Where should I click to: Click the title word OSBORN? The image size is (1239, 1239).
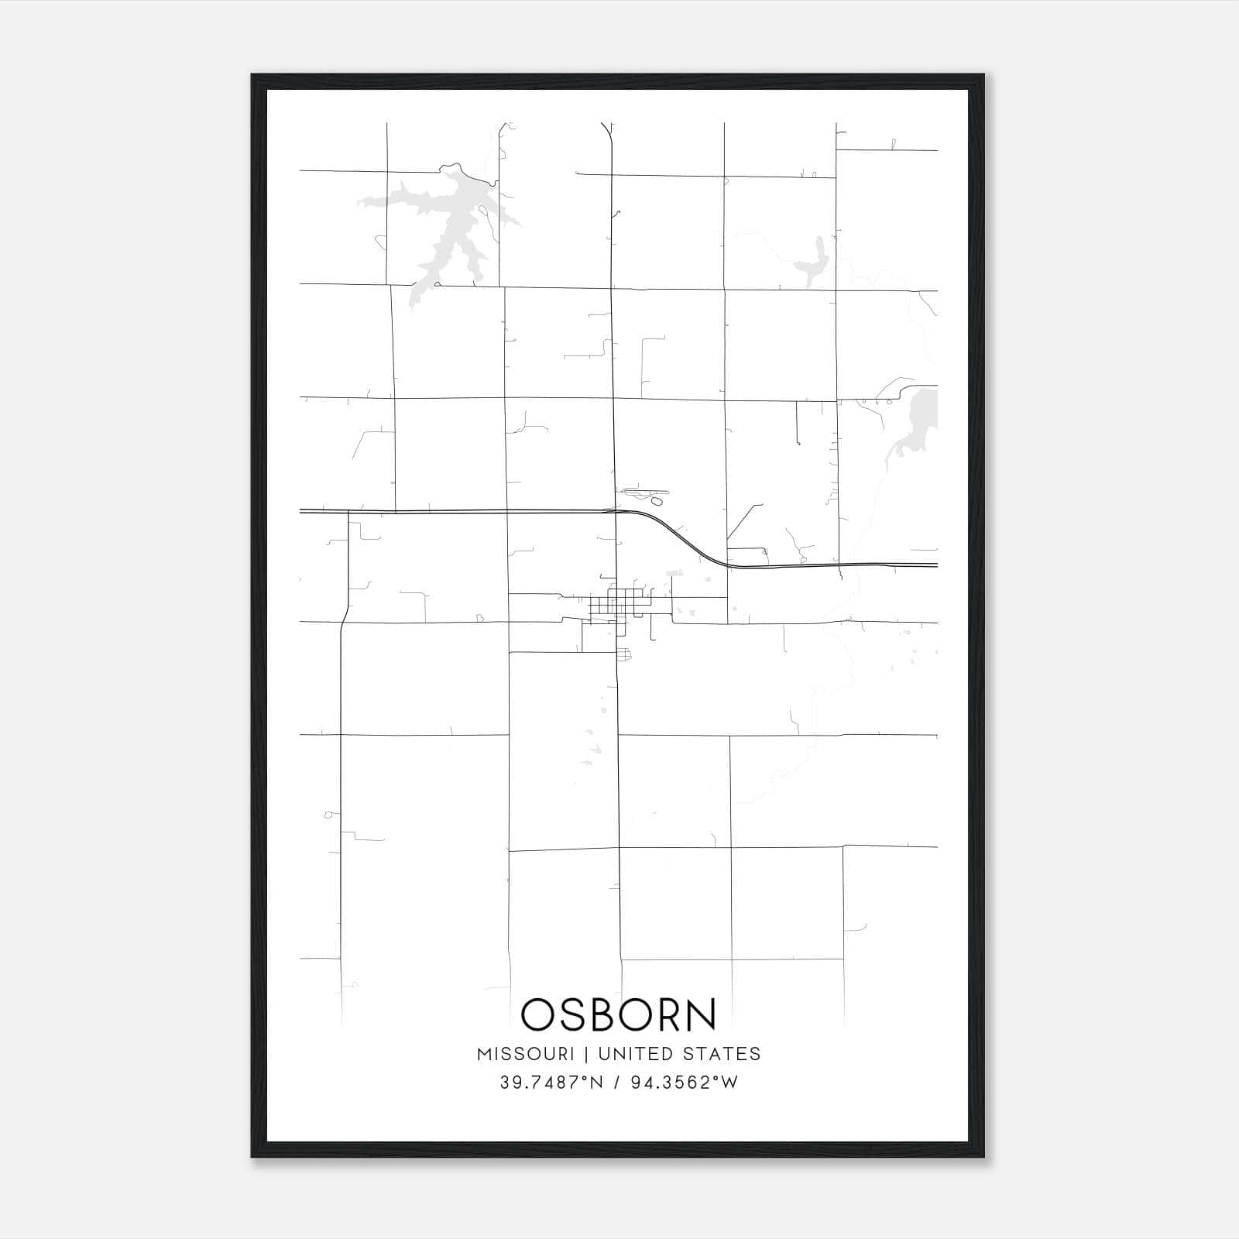pos(619,1014)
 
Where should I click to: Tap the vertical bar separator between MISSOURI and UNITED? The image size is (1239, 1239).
pos(585,1054)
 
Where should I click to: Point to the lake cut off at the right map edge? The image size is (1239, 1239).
pos(922,422)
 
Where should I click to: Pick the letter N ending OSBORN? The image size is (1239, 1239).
pos(700,1014)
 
